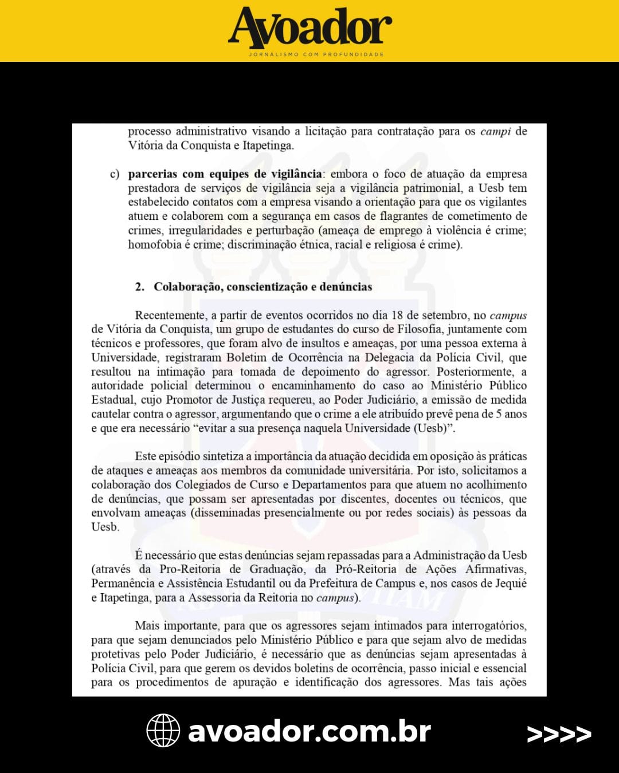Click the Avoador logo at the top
point(310,27)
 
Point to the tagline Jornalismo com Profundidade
point(316,54)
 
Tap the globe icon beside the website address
point(163,731)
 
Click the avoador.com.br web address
point(309,731)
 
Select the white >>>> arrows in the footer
point(559,733)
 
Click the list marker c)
point(115,174)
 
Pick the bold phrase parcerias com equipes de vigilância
point(225,174)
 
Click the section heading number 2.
point(139,287)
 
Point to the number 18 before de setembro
point(397,315)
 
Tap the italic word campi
point(495,132)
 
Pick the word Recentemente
point(170,315)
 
